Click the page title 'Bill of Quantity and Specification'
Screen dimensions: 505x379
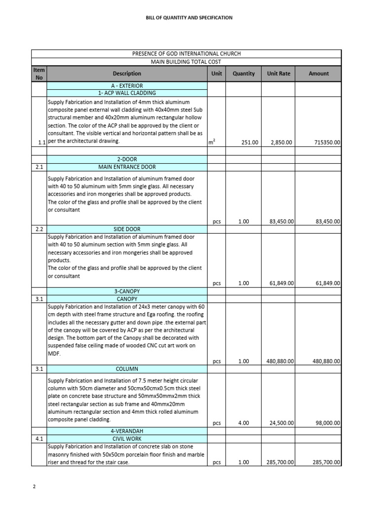(189, 18)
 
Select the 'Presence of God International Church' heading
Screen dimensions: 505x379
(187, 53)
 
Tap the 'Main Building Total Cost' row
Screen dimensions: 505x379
(186, 62)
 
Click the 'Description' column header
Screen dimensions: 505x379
(127, 73)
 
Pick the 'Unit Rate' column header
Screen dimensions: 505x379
(278, 73)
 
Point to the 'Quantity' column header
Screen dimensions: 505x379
(244, 73)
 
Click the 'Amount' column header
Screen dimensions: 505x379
(318, 73)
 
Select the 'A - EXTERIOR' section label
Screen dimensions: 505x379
(127, 85)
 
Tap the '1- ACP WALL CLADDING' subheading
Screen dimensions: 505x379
(127, 93)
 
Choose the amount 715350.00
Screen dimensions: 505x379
(327, 142)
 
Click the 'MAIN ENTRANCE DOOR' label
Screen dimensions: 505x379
(127, 167)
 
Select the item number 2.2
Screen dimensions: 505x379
(39, 229)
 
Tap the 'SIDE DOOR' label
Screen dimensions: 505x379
(127, 229)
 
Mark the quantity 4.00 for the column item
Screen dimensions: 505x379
(244, 423)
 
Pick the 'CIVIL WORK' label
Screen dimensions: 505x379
(127, 438)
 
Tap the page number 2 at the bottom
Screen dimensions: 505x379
(34, 487)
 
